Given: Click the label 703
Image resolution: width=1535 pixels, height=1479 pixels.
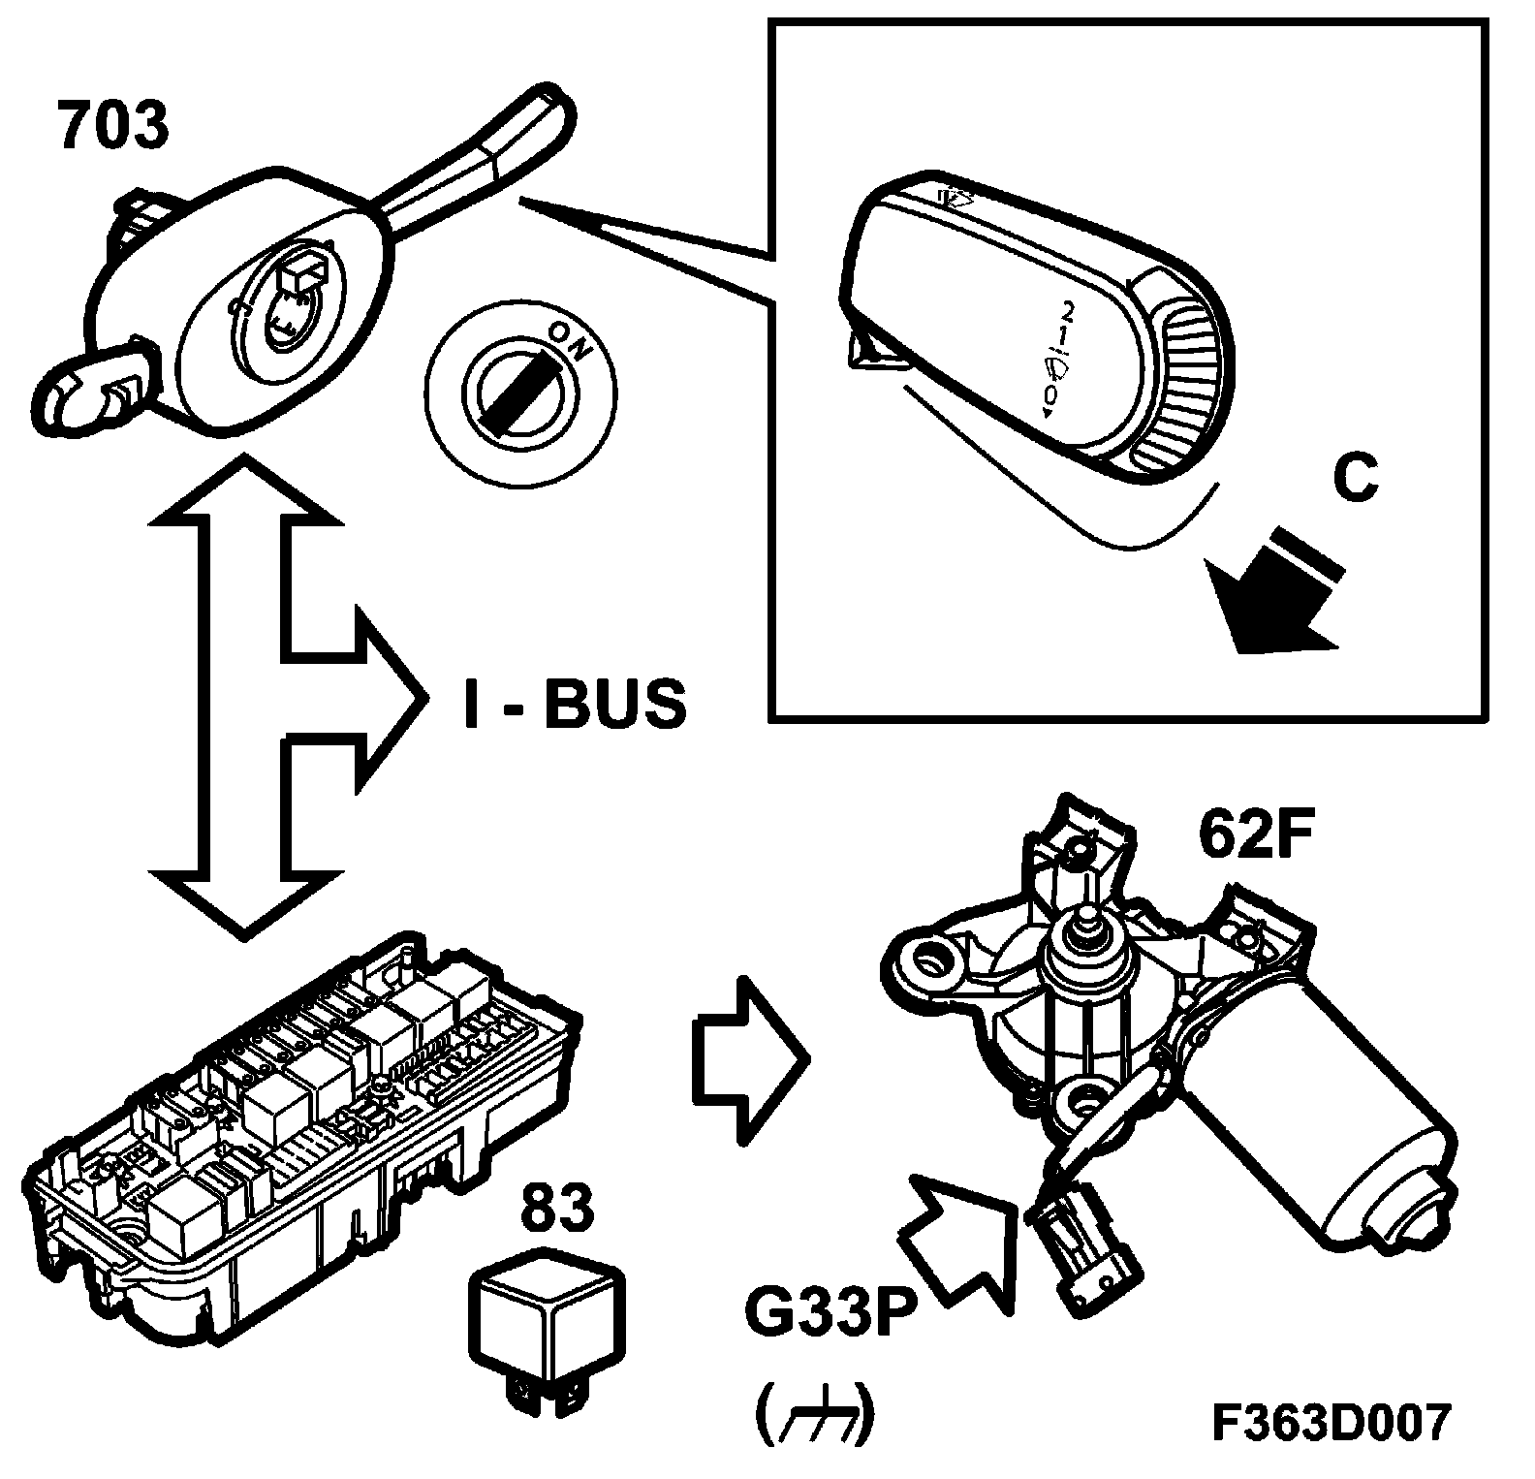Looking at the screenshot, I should click(113, 127).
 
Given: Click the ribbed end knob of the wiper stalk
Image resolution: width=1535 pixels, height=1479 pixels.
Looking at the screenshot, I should click(1182, 378).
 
